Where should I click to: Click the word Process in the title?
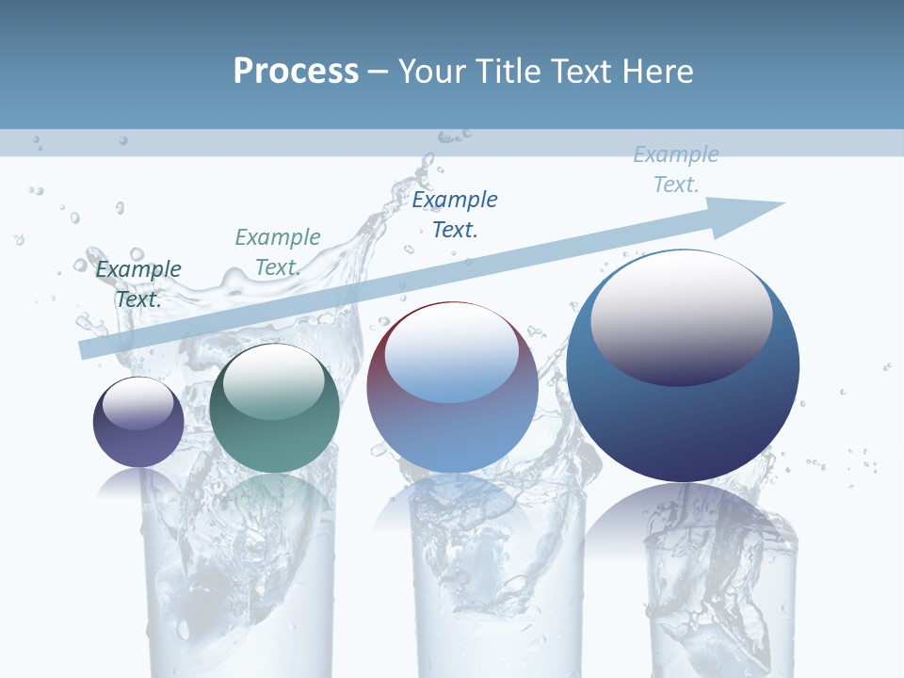(296, 72)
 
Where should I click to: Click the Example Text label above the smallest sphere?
(138, 283)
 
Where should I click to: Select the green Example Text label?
(278, 252)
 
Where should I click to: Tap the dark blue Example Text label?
(455, 214)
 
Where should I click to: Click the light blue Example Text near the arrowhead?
(675, 169)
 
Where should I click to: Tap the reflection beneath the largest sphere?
(683, 527)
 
